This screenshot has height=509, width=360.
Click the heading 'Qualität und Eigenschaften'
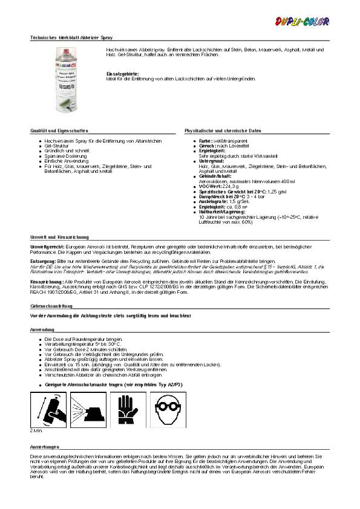point(59,131)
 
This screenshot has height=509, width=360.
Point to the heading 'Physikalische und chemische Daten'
point(223,131)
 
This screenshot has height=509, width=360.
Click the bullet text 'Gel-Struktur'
point(56,146)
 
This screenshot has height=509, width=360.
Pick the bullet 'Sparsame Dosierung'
point(65,155)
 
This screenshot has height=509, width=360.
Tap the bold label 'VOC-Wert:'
point(209,187)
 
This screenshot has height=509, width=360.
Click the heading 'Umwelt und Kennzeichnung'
point(59,237)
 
